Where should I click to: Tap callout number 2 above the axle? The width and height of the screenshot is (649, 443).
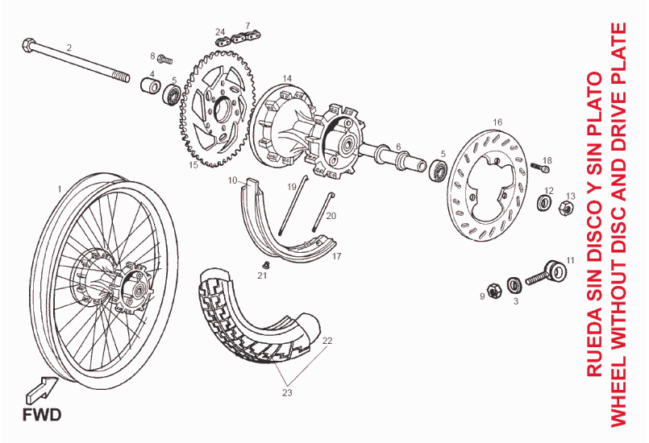pos(69,48)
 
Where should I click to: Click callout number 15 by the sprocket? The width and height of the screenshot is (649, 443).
pos(193,165)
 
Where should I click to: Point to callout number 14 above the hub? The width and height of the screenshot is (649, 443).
pos(286,78)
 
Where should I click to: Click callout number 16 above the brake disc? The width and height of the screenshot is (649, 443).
pos(497,122)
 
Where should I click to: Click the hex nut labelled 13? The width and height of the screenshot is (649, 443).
pos(567,209)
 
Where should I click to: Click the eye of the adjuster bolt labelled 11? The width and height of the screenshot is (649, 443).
pos(554,267)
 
